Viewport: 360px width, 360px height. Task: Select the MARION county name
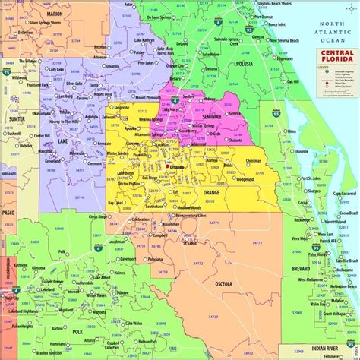(54, 14)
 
